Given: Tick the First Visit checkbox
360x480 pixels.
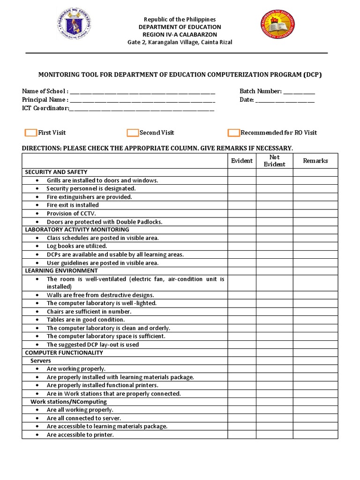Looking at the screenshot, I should pyautogui.click(x=31, y=133).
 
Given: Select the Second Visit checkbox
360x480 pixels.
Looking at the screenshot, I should pyautogui.click(x=133, y=133).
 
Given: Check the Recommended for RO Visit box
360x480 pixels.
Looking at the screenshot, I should pyautogui.click(x=233, y=133).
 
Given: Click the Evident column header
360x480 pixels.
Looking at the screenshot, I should pyautogui.click(x=242, y=161).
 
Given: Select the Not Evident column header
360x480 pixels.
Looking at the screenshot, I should pyautogui.click(x=274, y=161).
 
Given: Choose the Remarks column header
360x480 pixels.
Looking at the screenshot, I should pyautogui.click(x=315, y=161).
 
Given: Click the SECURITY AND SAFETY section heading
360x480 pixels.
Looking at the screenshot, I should pyautogui.click(x=56, y=172).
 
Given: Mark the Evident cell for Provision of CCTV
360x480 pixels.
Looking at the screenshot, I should pyautogui.click(x=242, y=213).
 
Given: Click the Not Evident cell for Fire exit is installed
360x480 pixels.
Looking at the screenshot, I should pyautogui.click(x=274, y=205).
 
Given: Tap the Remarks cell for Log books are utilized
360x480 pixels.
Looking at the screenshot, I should pyautogui.click(x=315, y=246).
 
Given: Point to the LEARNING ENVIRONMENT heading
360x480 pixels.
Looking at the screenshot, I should pyautogui.click(x=61, y=270).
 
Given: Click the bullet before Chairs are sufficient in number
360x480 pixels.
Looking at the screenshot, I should pyautogui.click(x=37, y=312).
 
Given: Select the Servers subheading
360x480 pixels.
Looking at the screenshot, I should pyautogui.click(x=41, y=361).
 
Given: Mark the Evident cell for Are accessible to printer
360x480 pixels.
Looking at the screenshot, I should pyautogui.click(x=242, y=435).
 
